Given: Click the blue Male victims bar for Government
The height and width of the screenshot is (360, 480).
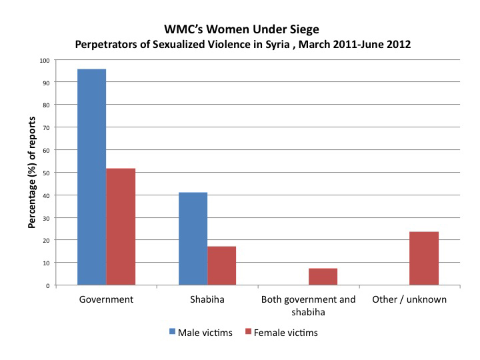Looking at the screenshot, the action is tap(91, 177).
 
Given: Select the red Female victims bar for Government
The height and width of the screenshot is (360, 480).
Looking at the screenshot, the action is tap(121, 227).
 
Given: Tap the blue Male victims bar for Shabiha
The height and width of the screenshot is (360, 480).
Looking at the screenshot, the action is tap(193, 239).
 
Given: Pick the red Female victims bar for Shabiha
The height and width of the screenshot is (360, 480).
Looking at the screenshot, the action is tap(221, 266).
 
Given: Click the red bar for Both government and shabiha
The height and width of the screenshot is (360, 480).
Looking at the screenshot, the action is tap(323, 277).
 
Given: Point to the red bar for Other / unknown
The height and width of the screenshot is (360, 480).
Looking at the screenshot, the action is tap(424, 259).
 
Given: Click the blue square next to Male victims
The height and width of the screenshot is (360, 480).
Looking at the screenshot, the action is tap(173, 331).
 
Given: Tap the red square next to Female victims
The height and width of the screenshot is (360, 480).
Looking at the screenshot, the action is tap(248, 331).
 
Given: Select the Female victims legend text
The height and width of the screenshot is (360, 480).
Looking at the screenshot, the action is tap(285, 333).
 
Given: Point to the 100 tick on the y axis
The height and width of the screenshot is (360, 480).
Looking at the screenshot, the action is tap(45, 61).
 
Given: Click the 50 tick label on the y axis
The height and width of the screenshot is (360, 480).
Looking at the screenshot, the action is tap(46, 173).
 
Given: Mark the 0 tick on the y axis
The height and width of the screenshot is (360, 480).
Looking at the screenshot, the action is tap(48, 286).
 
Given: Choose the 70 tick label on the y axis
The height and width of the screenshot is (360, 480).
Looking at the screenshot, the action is tap(46, 128).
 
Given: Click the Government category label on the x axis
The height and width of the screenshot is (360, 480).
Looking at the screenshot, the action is tap(106, 299).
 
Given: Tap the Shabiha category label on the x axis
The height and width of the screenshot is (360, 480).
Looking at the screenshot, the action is tap(207, 299).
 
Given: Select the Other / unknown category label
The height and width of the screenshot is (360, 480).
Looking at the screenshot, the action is tap(409, 299).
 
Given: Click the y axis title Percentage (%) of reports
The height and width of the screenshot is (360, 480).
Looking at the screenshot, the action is tap(32, 173).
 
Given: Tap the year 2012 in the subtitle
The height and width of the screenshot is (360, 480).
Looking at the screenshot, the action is tap(399, 45).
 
